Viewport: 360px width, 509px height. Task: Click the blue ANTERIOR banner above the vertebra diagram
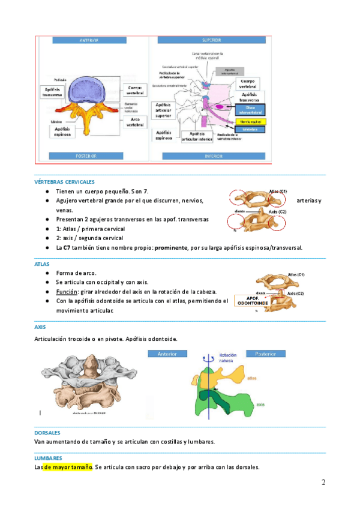[89, 41]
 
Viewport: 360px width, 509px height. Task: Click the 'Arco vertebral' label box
[135, 122]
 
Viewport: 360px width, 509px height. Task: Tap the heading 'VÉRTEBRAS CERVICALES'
[64, 182]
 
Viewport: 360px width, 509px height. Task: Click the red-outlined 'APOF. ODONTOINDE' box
[252, 301]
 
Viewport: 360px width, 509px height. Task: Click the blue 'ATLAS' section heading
[43, 264]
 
